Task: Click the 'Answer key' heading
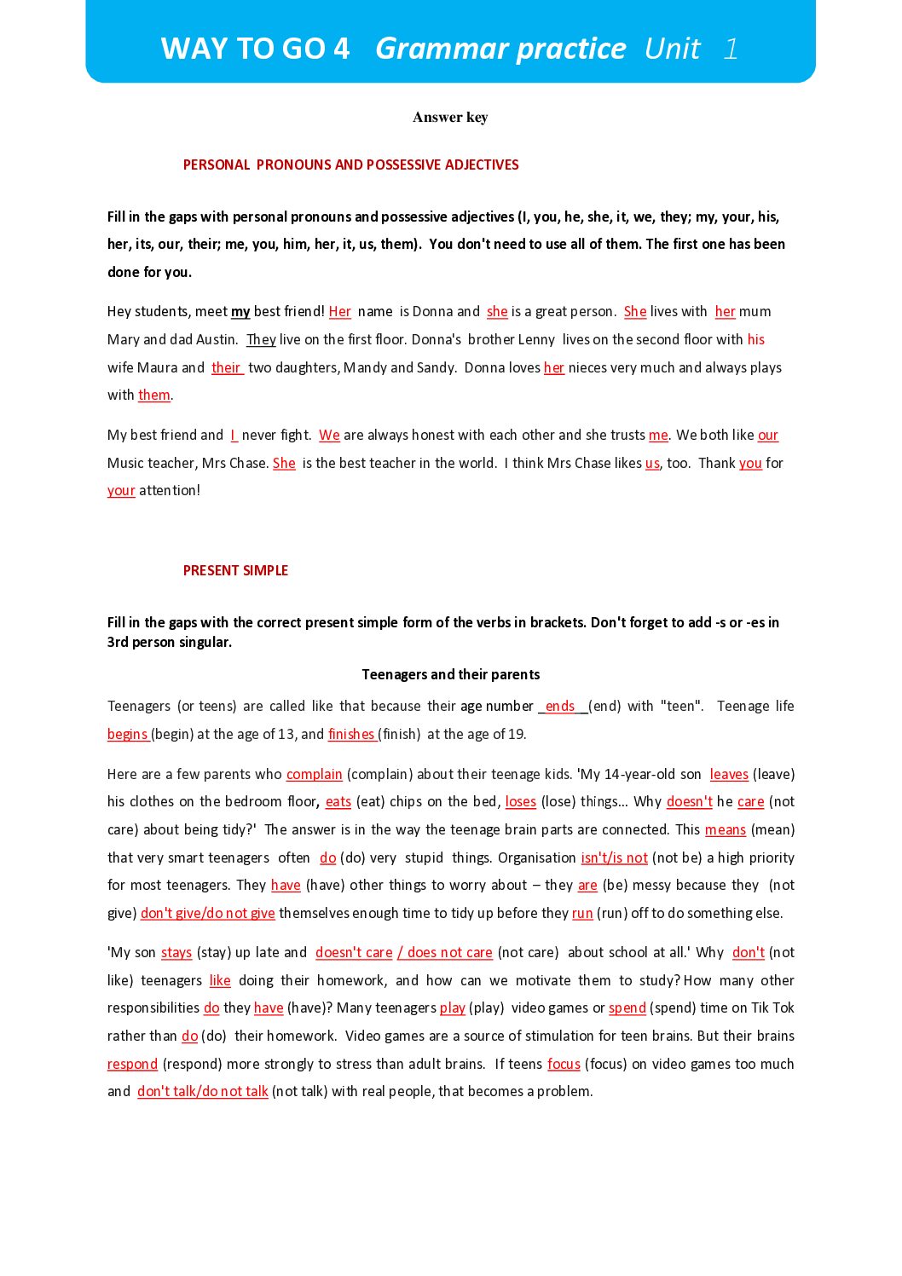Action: (450, 117)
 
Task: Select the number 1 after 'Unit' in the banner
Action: (731, 49)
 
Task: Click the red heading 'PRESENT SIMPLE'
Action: (235, 570)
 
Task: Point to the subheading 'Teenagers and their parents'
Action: (450, 674)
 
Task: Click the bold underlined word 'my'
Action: (240, 312)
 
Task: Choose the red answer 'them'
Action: (154, 395)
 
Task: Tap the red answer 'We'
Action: (329, 436)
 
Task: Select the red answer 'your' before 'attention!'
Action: (121, 491)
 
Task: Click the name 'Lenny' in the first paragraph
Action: (536, 339)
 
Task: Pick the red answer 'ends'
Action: (560, 707)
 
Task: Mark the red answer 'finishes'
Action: (351, 734)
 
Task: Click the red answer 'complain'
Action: (314, 774)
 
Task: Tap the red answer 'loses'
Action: (520, 802)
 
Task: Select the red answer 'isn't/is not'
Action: (614, 857)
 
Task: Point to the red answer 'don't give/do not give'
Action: (207, 913)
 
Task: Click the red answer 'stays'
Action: (176, 952)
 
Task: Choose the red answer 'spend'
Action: (627, 1008)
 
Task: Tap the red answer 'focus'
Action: (564, 1064)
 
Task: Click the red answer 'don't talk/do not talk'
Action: (203, 1091)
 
